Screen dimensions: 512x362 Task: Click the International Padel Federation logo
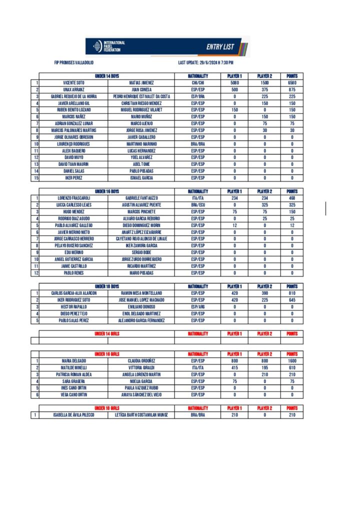[109, 47]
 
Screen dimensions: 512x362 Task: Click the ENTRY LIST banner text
[220, 47]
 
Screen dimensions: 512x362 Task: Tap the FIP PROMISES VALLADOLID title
[74, 62]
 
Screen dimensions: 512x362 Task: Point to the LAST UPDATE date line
[205, 62]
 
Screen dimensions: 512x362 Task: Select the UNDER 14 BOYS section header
[107, 76]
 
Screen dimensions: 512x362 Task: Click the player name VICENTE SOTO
[73, 82]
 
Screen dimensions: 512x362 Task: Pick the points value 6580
[291, 82]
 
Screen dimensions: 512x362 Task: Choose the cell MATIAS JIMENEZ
[141, 82]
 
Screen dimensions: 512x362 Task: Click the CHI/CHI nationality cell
[198, 82]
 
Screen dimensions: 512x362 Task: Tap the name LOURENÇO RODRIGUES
[73, 144]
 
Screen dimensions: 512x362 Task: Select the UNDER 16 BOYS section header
[107, 191]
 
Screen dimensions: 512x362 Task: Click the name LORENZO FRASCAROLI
[73, 198]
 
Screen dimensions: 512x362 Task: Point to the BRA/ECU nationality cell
[198, 205]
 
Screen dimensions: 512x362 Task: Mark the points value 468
[291, 198]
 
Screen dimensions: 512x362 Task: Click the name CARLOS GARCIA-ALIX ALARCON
[73, 293]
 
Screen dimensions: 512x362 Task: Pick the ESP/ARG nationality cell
[198, 306]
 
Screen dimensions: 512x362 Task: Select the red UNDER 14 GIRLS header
[107, 333]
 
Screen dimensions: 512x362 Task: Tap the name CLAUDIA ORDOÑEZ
[141, 360]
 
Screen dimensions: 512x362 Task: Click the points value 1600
[291, 360]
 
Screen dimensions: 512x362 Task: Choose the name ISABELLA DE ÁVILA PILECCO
[73, 415]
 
